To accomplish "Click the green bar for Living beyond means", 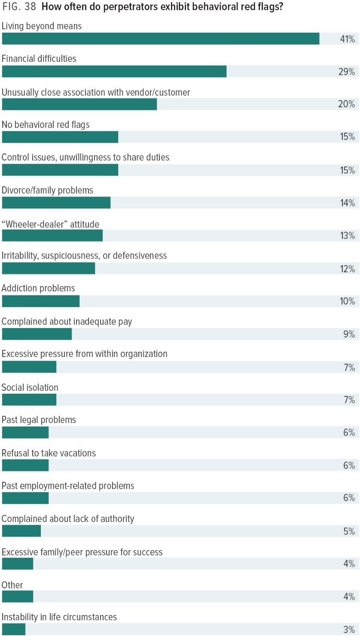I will pyautogui.click(x=160, y=39).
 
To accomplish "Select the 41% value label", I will pyautogui.click(x=347, y=39).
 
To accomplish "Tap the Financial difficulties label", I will pyautogui.click(x=39, y=58).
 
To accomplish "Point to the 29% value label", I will pyautogui.click(x=347, y=72).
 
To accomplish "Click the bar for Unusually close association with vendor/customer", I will pyautogui.click(x=79, y=104).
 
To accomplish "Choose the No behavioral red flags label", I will pyautogui.click(x=46, y=125).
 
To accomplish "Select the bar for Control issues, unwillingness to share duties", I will pyautogui.click(x=60, y=170).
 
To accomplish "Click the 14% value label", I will pyautogui.click(x=347, y=203).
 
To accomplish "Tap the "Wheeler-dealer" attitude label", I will pyautogui.click(x=50, y=224).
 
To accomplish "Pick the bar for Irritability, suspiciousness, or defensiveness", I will pyautogui.click(x=49, y=269).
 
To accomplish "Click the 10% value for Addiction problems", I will pyautogui.click(x=347, y=301).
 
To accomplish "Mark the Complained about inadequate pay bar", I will pyautogui.click(x=37, y=334).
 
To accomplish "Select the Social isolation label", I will pyautogui.click(x=30, y=387).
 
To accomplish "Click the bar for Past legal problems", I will pyautogui.click(x=25, y=432).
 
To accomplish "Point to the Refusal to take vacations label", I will pyautogui.click(x=49, y=453).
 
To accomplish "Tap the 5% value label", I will pyautogui.click(x=349, y=531).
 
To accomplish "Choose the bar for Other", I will pyautogui.click(x=18, y=596).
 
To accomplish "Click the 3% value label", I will pyautogui.click(x=349, y=630).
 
